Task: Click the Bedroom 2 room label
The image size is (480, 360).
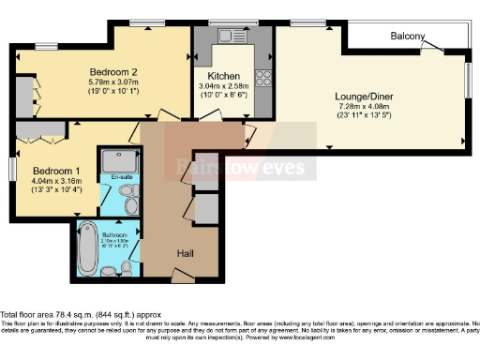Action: coord(114,71)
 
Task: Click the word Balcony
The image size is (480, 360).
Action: coord(408,37)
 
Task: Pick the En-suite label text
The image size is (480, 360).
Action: coord(121,177)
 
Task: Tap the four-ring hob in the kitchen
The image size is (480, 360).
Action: coord(264,80)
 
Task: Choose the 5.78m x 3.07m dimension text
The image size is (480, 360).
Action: coord(114,82)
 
